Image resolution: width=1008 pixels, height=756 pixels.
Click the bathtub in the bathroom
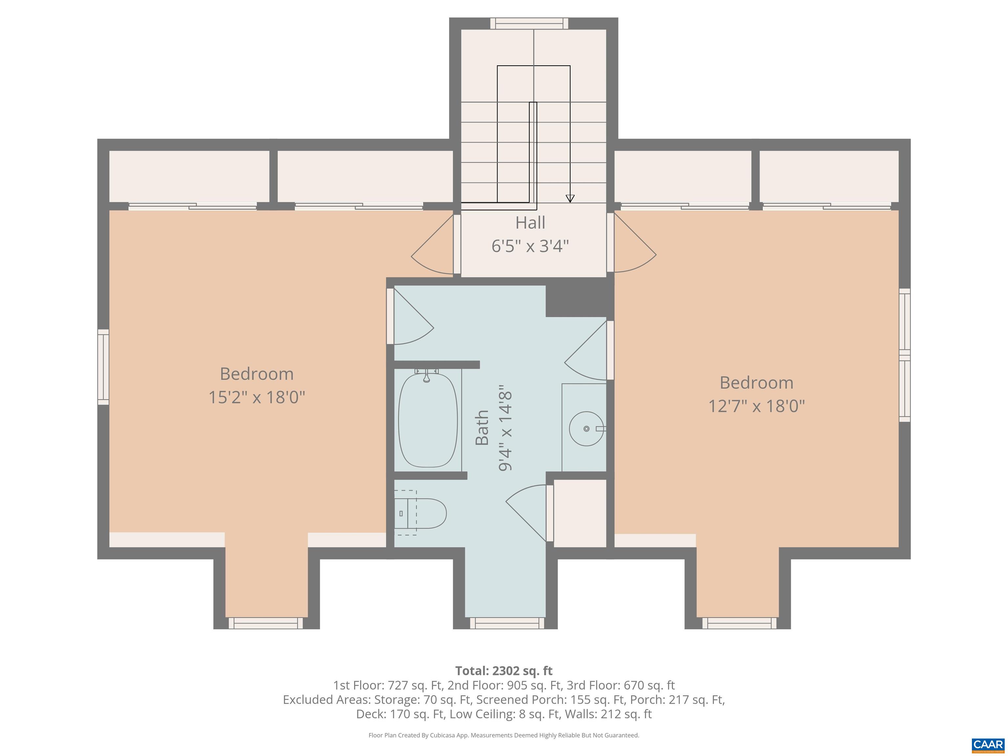pos(428,420)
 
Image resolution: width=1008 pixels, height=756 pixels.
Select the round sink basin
pos(586,428)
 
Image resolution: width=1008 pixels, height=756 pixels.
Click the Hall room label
pos(530,223)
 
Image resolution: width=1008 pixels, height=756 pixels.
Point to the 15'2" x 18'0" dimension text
pos(257,397)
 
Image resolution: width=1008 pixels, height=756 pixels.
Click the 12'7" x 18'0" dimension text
pos(756,406)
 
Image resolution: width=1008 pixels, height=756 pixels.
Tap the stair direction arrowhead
pos(570,198)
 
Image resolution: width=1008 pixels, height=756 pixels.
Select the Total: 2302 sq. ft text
pos(504,671)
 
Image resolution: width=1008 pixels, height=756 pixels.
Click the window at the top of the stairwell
pos(529,23)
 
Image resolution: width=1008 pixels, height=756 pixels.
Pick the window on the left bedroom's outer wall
pos(103,367)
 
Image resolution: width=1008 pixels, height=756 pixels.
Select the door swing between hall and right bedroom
pos(633,243)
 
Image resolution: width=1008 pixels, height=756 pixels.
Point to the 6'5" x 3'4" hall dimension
pos(530,246)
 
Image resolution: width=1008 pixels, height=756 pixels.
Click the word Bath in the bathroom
pos(482,428)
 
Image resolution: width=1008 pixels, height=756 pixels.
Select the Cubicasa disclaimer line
pos(504,735)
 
